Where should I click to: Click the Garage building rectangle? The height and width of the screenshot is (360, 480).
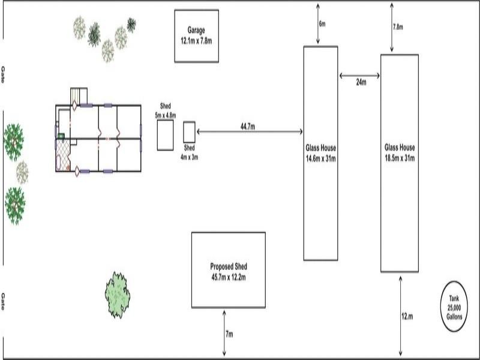click(196, 36)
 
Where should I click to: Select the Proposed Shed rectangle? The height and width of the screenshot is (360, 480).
click(229, 270)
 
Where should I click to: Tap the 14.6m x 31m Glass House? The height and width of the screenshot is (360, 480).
click(320, 153)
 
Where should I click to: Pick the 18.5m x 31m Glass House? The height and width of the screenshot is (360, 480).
click(400, 162)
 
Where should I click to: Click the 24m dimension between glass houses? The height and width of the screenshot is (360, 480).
click(361, 82)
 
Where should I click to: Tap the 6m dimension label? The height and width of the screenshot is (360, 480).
click(322, 25)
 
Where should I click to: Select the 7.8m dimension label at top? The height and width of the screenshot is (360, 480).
click(397, 27)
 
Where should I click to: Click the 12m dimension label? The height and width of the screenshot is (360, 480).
click(407, 316)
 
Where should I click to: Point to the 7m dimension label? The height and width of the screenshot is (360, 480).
click(229, 334)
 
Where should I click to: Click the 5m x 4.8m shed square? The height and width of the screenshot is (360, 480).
click(165, 135)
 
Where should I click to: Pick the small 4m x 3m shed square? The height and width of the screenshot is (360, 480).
click(189, 131)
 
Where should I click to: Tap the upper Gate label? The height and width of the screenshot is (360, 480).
click(4, 76)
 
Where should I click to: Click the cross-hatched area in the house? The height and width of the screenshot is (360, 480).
click(63, 155)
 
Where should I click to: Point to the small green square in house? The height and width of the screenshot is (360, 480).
click(61, 136)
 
